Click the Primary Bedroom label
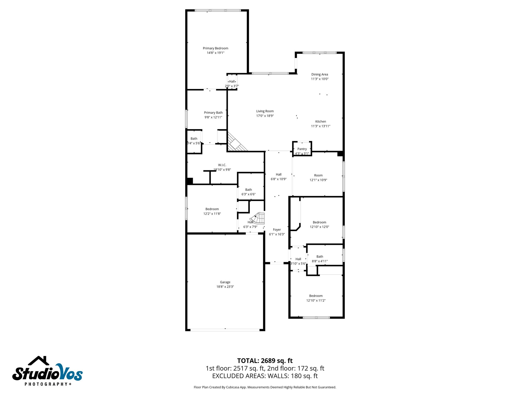coord(215,48)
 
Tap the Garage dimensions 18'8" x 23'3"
coord(225,287)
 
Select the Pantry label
coord(302,149)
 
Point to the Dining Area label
coord(320,74)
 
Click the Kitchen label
coord(320,122)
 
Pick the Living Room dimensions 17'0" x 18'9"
coord(265,116)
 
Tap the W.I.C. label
coord(222,165)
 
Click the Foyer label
coord(277,230)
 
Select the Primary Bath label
coord(213,113)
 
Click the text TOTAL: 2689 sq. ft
coord(265,361)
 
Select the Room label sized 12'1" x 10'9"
coord(318,175)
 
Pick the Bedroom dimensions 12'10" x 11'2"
coord(316,300)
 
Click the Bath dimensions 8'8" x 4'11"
coord(320,261)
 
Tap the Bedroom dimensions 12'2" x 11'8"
coord(212,214)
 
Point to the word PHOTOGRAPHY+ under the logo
coord(48,384)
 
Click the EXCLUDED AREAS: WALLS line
coord(265,376)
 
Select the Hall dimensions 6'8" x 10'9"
coord(278,179)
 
